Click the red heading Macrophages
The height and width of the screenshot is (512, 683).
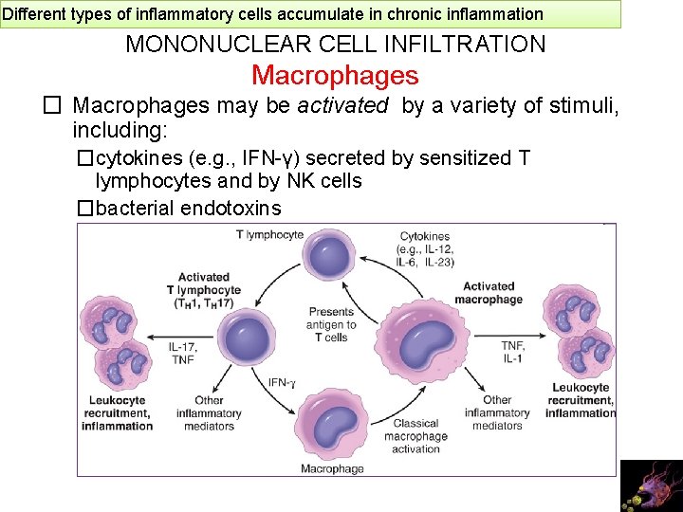(x=335, y=76)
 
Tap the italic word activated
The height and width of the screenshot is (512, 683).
(x=342, y=106)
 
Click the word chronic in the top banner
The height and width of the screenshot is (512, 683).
(x=396, y=14)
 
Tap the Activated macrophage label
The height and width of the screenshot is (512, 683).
(x=489, y=292)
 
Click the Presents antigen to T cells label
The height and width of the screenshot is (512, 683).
(x=331, y=324)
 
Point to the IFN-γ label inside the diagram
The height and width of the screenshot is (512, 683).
(x=282, y=383)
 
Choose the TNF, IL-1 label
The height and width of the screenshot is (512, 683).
(x=513, y=352)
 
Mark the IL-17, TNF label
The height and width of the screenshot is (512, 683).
(x=183, y=353)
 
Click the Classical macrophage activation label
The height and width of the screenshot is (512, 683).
(x=415, y=436)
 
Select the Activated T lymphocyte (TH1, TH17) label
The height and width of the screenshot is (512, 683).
(x=203, y=290)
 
